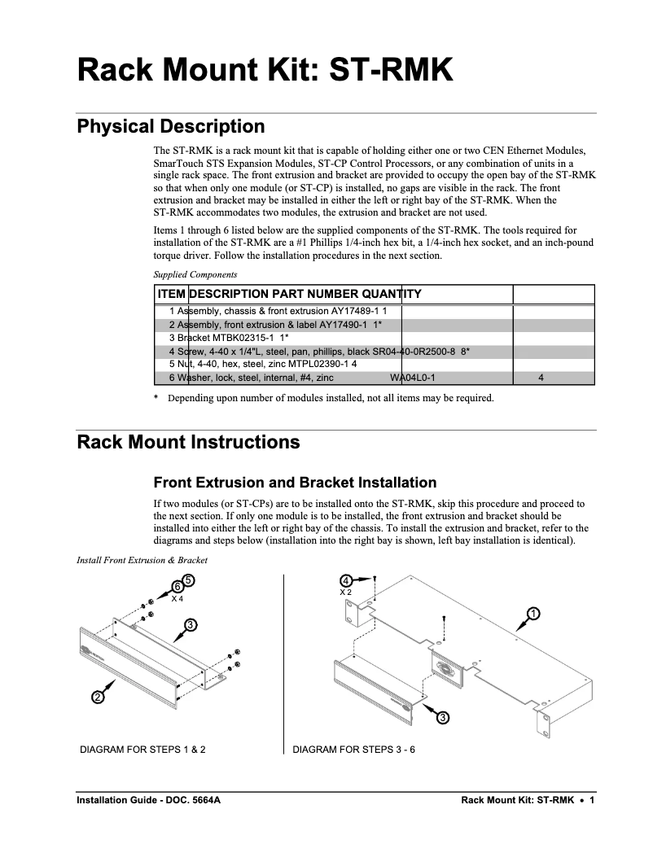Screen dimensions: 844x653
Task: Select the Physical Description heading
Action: pyautogui.click(x=170, y=127)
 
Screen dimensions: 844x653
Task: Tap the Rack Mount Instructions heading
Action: pyautogui.click(x=188, y=443)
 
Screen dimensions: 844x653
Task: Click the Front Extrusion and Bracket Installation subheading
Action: pyautogui.click(x=295, y=483)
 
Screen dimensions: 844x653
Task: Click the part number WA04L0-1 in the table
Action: pyautogui.click(x=413, y=378)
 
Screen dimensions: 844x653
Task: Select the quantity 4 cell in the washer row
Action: pyautogui.click(x=541, y=378)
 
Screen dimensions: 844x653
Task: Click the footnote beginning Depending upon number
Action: pyautogui.click(x=330, y=398)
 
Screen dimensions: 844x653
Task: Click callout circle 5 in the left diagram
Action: pyautogui.click(x=187, y=579)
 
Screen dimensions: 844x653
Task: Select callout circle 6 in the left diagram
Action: pyautogui.click(x=177, y=587)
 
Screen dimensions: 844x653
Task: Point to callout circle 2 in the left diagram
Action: pyautogui.click(x=97, y=696)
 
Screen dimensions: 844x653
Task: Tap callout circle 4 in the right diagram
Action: pyautogui.click(x=346, y=580)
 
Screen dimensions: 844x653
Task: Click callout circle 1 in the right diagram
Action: pyautogui.click(x=533, y=613)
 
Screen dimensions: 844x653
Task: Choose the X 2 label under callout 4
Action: pyautogui.click(x=345, y=593)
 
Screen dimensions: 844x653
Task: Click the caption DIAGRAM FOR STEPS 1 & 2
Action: pyautogui.click(x=142, y=750)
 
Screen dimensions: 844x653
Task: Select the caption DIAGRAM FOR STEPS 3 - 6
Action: pyautogui.click(x=354, y=750)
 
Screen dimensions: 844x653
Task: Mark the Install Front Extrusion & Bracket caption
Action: pyautogui.click(x=142, y=560)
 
